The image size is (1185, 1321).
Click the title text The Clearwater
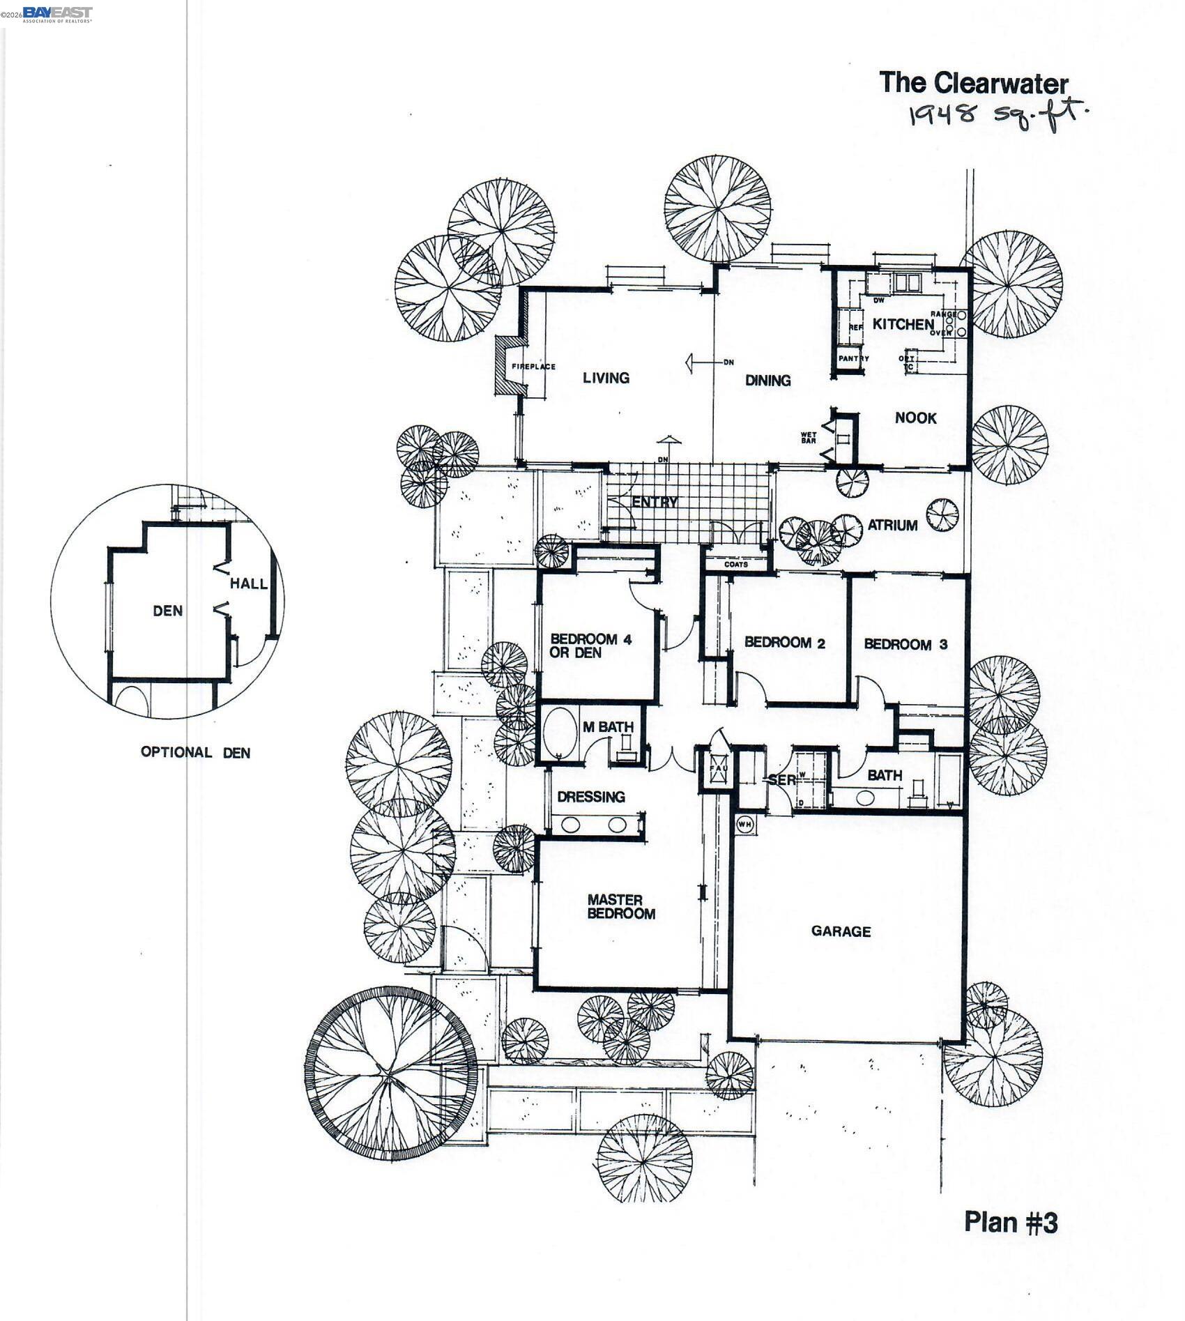click(973, 83)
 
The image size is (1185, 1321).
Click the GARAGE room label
click(841, 931)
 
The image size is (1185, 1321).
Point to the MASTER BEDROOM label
click(620, 906)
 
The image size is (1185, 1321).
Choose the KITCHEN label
click(903, 324)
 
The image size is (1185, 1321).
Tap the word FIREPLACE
click(533, 367)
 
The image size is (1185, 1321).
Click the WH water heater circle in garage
click(744, 824)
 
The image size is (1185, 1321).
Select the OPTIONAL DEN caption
click(195, 752)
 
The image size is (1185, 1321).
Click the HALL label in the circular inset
click(249, 583)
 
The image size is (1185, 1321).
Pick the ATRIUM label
click(892, 526)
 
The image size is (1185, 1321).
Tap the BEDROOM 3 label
click(905, 644)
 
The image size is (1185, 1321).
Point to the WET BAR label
click(808, 438)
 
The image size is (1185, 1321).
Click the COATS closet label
click(736, 564)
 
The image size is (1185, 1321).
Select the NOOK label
click(915, 418)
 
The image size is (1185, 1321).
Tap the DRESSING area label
click(590, 796)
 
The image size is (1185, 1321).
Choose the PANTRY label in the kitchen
click(853, 358)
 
